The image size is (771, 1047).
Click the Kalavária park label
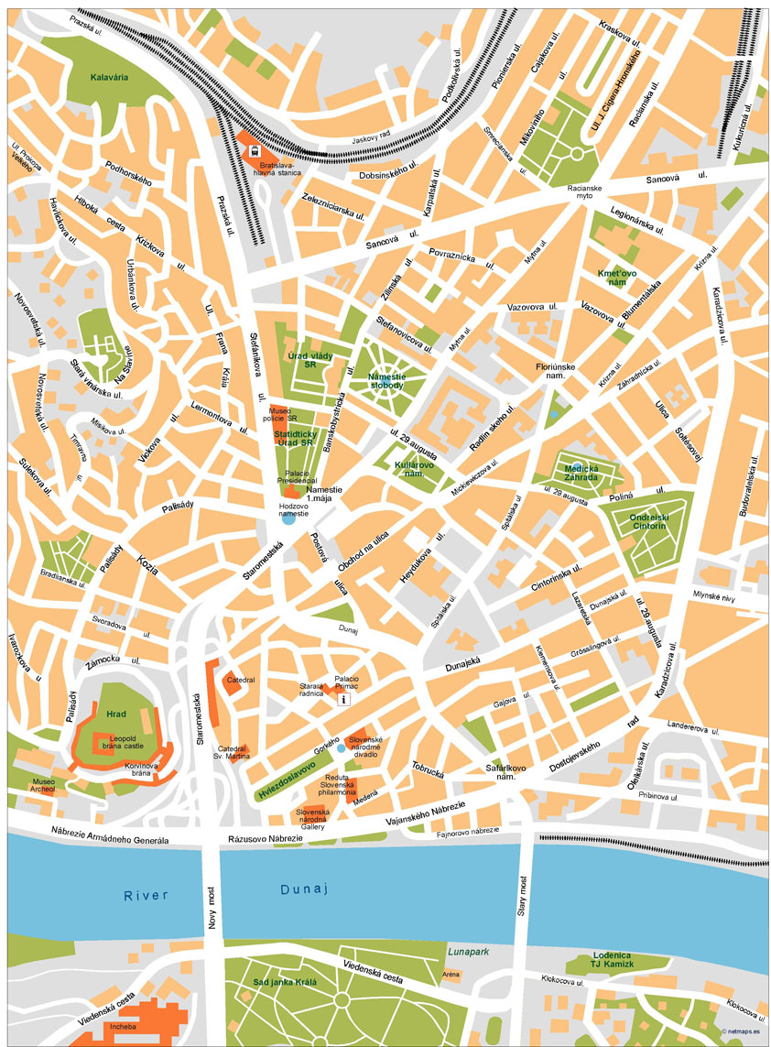coord(109,77)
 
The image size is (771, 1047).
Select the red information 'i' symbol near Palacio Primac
coord(343,699)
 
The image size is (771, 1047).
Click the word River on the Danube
coord(147,895)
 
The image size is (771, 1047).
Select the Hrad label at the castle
coord(116,714)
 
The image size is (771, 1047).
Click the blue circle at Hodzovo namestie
coord(288,518)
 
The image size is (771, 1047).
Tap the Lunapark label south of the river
coord(466,951)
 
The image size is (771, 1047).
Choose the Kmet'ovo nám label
coord(616,278)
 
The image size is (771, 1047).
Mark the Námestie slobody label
coord(385,380)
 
